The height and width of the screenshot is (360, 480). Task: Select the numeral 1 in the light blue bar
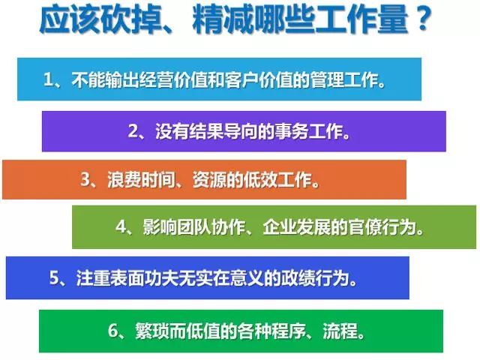(x=48, y=79)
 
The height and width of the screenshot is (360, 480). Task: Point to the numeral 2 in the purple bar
(x=133, y=131)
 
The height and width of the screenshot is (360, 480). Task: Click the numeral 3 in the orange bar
(x=85, y=179)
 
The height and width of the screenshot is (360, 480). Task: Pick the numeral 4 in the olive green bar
(x=121, y=226)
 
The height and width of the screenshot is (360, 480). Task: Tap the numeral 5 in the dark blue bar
(x=54, y=278)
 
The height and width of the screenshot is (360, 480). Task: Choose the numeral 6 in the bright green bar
(x=113, y=331)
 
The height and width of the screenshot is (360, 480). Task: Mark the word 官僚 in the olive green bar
(x=366, y=227)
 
